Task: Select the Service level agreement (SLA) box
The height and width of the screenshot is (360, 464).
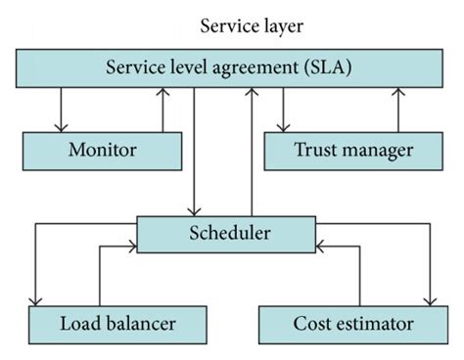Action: coord(231,68)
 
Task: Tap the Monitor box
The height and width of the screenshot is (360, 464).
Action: coord(102,151)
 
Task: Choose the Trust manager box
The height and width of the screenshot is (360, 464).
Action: coord(353,151)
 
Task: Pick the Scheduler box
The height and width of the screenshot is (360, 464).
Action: coord(228,234)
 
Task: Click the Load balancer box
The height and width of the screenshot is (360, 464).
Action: coord(116,322)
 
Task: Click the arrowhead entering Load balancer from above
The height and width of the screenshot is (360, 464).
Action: coord(35,300)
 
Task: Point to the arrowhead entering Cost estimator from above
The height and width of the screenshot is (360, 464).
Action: coord(429,300)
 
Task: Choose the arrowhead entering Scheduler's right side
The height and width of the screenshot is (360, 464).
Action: coord(321,247)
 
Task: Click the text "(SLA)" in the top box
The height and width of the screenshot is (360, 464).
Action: coord(330,68)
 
